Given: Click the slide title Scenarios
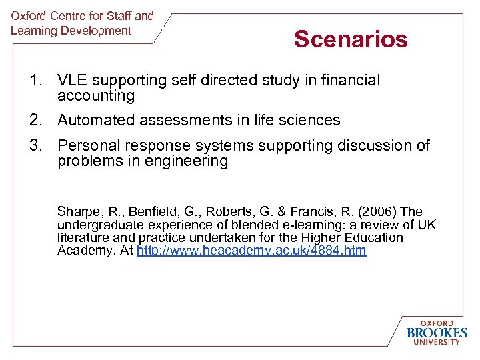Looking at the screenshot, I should (351, 39).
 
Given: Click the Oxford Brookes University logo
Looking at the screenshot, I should (437, 332).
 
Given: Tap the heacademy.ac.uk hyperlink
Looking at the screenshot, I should (251, 251).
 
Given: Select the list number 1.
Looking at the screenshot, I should (35, 81).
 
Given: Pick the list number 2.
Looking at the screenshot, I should (35, 121).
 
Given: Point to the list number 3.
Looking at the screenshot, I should (35, 145).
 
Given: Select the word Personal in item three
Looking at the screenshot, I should (86, 145).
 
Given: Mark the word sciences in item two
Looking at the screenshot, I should (311, 121).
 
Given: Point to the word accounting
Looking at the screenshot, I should (96, 96).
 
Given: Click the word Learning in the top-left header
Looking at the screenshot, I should (33, 31).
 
